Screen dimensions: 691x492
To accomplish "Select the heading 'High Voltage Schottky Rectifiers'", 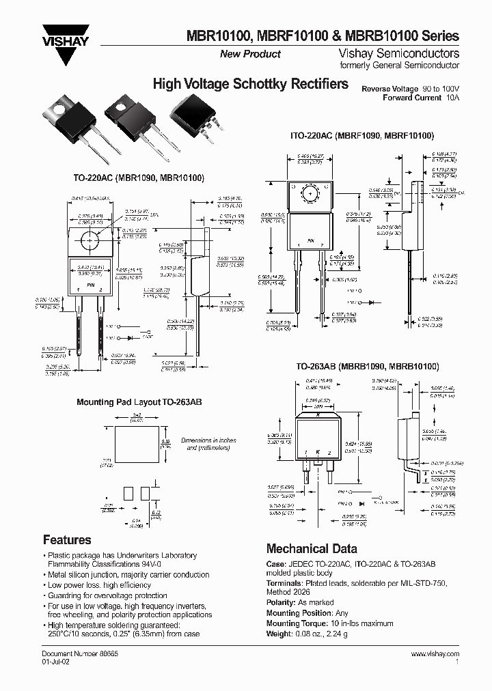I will pos(250,84).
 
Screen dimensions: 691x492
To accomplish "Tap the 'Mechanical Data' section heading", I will pos(311,548).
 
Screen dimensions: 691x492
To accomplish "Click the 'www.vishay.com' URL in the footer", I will pos(435,653).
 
